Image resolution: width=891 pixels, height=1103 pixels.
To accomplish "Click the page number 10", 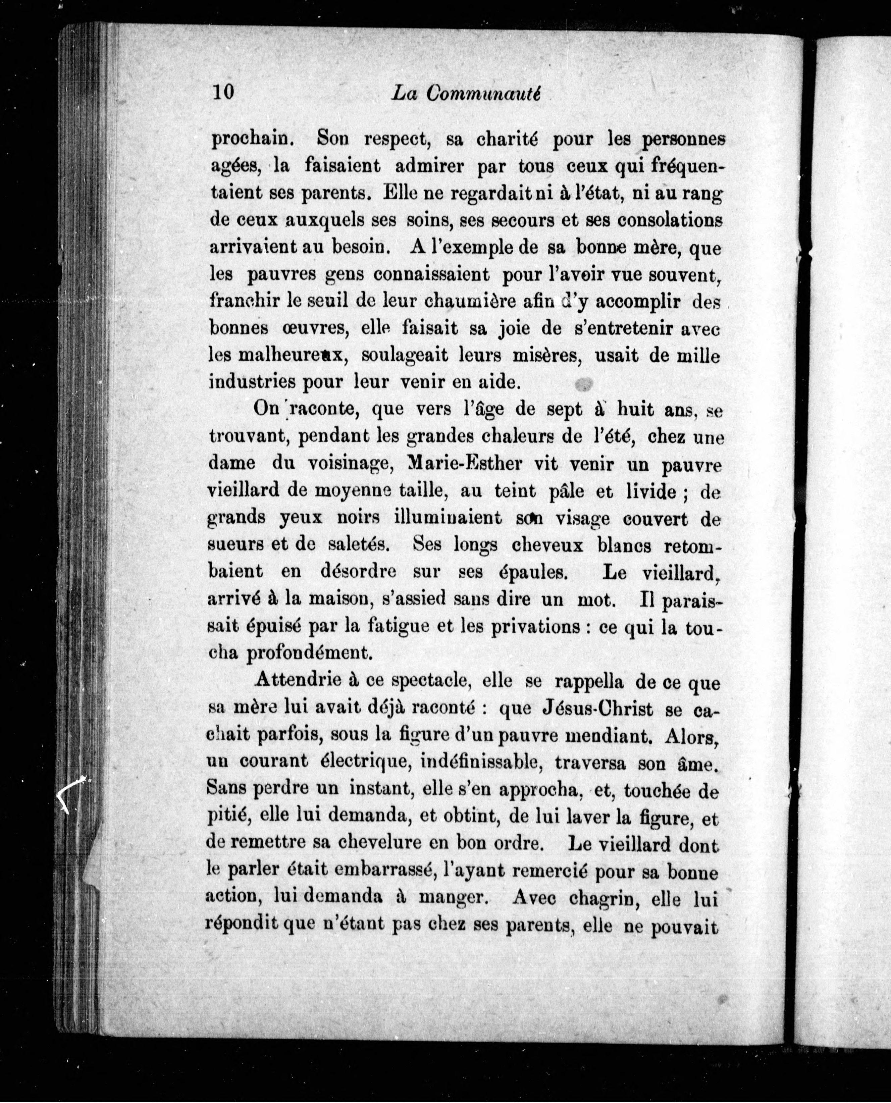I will (x=222, y=92).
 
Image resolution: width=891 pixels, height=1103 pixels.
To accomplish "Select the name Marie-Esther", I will (x=464, y=464).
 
